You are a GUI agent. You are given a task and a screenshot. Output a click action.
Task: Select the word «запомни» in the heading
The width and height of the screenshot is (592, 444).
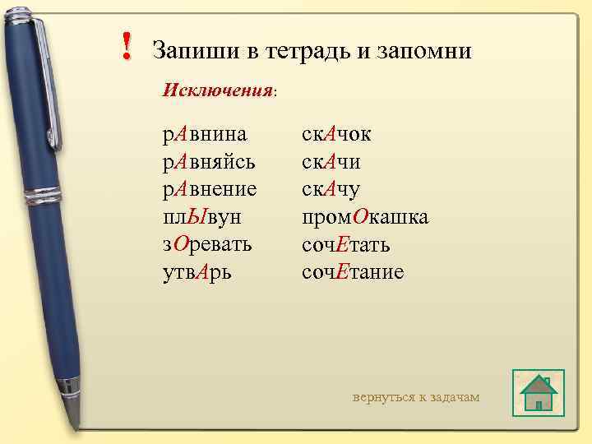[x=423, y=51]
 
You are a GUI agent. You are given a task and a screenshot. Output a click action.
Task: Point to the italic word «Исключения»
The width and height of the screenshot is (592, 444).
[x=217, y=89]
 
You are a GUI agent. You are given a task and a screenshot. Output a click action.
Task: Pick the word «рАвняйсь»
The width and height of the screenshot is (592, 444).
[x=209, y=161]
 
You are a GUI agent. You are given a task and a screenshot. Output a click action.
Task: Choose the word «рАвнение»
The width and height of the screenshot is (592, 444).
[x=210, y=189]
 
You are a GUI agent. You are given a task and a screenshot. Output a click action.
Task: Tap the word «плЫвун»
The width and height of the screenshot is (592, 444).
[x=201, y=217]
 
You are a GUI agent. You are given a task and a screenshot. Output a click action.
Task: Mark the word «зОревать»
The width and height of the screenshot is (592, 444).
[x=207, y=244]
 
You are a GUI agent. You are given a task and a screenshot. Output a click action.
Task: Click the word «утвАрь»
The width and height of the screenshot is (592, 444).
[x=197, y=272]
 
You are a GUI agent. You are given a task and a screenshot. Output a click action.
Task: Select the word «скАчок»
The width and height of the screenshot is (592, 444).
[x=337, y=133]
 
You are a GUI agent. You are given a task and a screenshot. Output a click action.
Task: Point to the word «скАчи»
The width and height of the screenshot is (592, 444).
[x=331, y=161]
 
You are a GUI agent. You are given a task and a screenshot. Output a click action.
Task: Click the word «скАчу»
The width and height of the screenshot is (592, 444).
[x=331, y=189]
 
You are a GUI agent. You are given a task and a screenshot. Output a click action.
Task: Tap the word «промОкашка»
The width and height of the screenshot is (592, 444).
[x=365, y=217]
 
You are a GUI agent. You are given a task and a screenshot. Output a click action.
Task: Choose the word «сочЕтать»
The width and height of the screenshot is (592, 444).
[x=346, y=244]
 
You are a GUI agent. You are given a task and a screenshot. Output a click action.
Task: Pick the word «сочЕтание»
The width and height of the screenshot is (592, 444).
[x=354, y=272]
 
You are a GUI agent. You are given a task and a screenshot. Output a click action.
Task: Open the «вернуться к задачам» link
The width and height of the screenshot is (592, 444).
[x=416, y=397]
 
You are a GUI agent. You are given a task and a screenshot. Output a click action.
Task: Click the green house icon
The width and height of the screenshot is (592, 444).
[x=539, y=393]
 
